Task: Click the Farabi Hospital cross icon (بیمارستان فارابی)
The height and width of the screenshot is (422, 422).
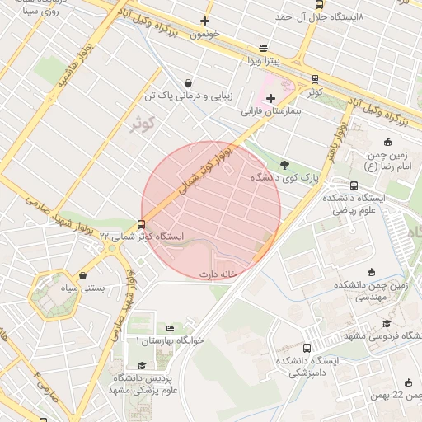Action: click(x=271, y=98)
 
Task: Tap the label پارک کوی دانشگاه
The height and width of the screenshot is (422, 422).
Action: click(x=287, y=177)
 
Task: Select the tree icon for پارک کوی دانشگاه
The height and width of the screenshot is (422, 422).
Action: click(x=284, y=164)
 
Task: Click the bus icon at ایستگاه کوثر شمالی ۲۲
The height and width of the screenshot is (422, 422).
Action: click(x=142, y=223)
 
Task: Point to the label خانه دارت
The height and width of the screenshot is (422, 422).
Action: click(x=218, y=274)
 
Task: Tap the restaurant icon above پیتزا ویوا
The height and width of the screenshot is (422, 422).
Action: click(x=263, y=48)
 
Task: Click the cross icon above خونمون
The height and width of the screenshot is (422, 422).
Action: click(x=204, y=21)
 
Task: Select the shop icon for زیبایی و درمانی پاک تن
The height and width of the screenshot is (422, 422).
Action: click(x=190, y=82)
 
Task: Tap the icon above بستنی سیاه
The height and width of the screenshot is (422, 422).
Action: click(x=83, y=275)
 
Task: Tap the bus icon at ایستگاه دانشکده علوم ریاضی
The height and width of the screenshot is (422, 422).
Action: click(x=354, y=185)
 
